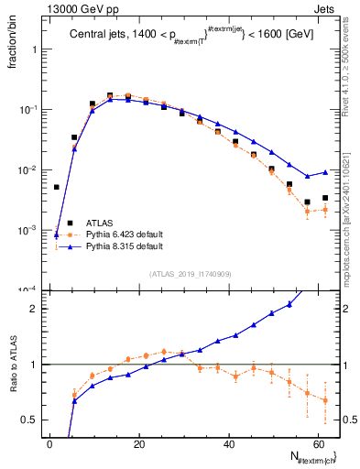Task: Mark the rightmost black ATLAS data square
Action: point(325,198)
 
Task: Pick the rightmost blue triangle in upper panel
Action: point(325,172)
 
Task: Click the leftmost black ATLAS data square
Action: point(57,187)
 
